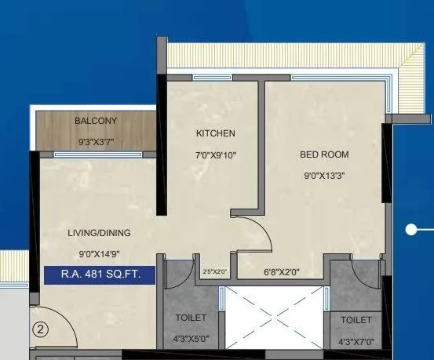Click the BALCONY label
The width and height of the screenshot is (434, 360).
coord(96,121)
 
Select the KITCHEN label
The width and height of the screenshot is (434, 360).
coord(215,134)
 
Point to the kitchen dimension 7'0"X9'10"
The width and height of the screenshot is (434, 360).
coord(216,155)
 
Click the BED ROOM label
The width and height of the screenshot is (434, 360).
coord(324,155)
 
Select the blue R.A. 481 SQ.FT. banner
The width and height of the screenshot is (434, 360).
coord(99,275)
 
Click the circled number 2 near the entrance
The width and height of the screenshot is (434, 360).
coord(42,330)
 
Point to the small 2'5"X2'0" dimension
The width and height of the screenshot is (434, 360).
coord(214,271)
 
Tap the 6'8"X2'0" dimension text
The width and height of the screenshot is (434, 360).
coord(280,272)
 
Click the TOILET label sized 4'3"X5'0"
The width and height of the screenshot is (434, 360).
coord(191,318)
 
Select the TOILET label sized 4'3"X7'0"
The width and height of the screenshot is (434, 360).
coord(356,321)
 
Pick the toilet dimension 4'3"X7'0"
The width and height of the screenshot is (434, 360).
coord(356,342)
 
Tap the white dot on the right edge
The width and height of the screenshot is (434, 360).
coord(410,230)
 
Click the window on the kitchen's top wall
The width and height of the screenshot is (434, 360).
coord(210,78)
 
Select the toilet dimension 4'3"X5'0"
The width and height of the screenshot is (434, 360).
coord(191,340)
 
